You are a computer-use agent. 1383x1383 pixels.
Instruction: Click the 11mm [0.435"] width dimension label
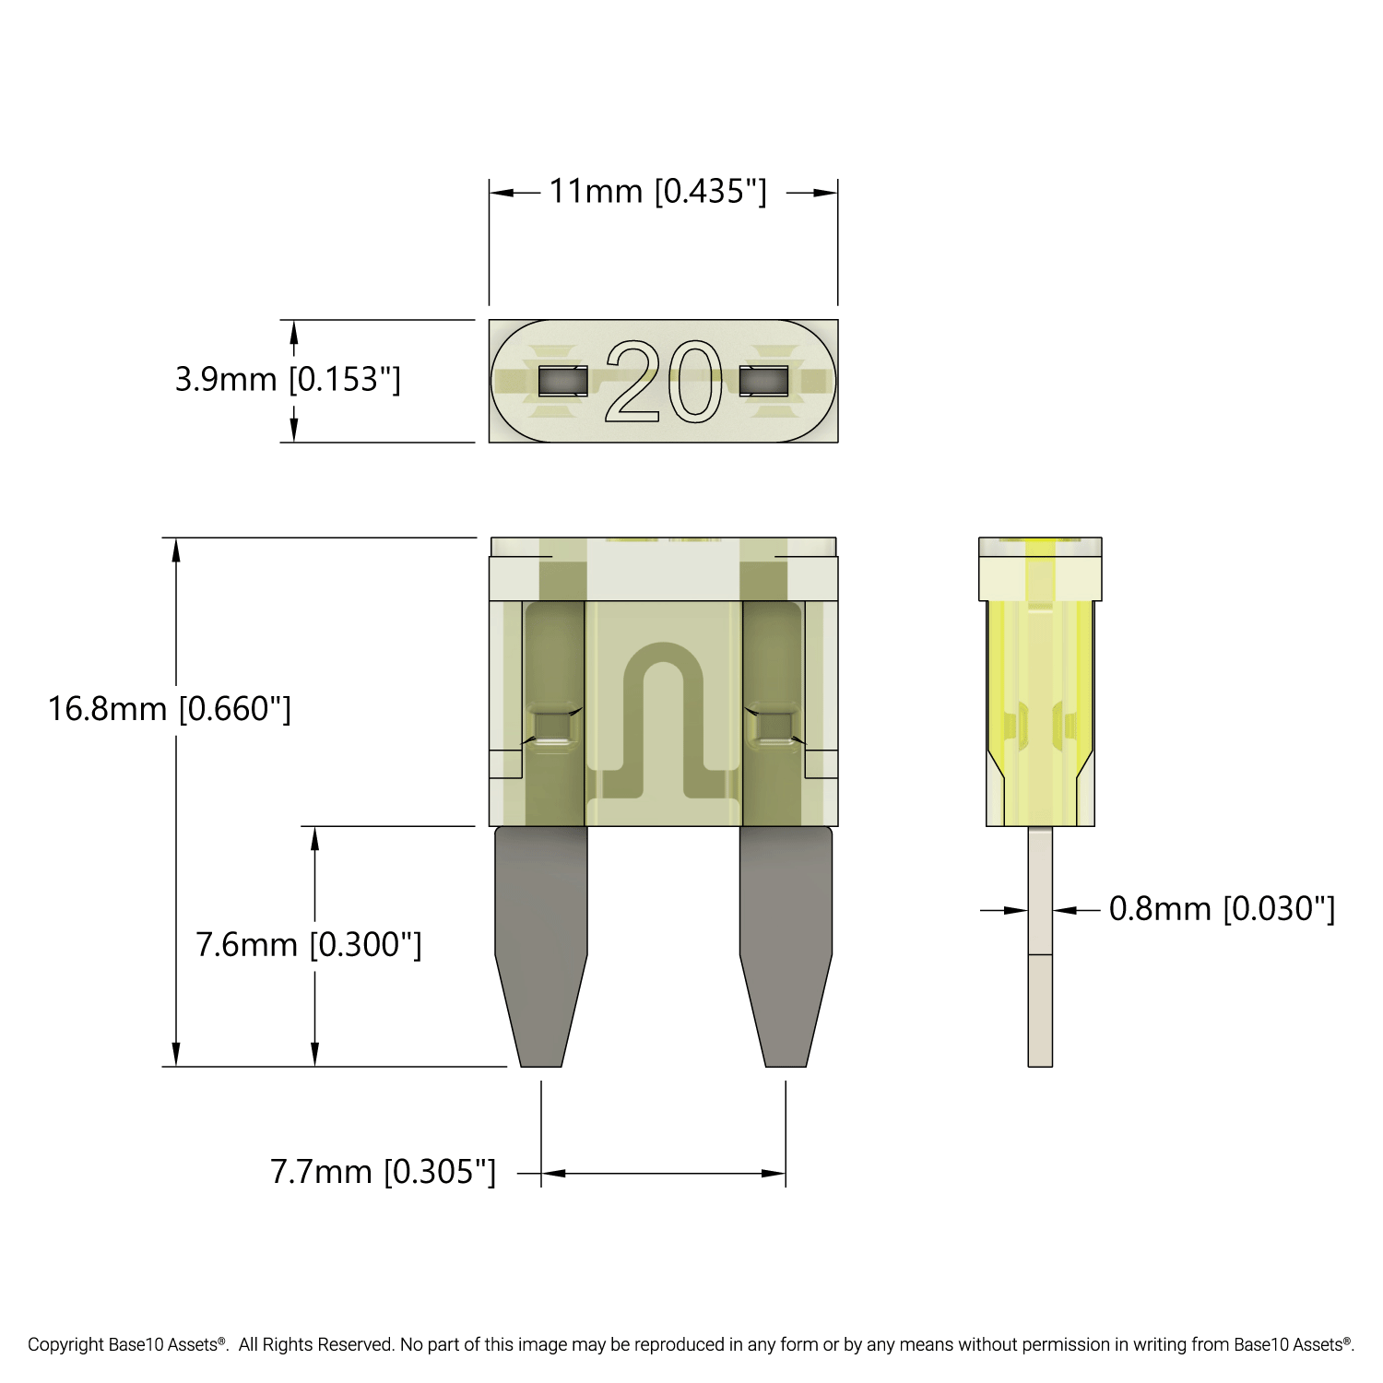coord(657,192)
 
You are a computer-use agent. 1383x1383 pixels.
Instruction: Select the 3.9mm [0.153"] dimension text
coord(288,379)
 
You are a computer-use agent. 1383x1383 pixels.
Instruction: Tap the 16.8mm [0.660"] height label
coord(170,708)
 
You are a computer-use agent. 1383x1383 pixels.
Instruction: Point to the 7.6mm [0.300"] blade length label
coord(309,944)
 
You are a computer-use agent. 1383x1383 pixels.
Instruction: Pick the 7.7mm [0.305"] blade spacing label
coord(383,1172)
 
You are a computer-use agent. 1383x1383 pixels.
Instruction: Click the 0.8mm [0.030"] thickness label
coord(1221,908)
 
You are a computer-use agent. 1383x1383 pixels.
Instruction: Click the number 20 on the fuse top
coord(663,382)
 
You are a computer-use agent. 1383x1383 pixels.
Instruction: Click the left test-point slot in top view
coord(562,381)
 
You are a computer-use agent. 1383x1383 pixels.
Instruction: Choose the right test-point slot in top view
coord(763,381)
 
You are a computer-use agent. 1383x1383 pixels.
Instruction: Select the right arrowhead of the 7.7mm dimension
coord(774,1173)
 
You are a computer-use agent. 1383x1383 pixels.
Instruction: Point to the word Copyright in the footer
coord(65,1344)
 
